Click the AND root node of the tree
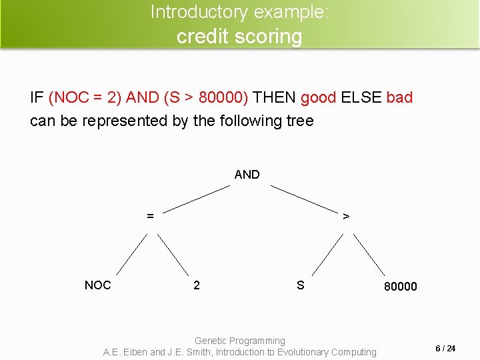[x=247, y=175]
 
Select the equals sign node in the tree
[x=151, y=216]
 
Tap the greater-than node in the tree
[x=345, y=216]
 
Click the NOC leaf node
[x=97, y=285]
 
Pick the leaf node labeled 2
[x=196, y=285]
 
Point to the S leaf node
[x=301, y=285]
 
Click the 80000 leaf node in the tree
[x=400, y=287]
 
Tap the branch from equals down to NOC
[x=131, y=254]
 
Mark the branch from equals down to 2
[x=173, y=254]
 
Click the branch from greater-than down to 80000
[x=369, y=254]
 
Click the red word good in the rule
[x=318, y=97]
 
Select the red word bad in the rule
[x=399, y=97]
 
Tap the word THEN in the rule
[x=275, y=97]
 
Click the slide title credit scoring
[x=239, y=36]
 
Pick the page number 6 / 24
[x=445, y=349]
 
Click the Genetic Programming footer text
[x=239, y=341]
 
